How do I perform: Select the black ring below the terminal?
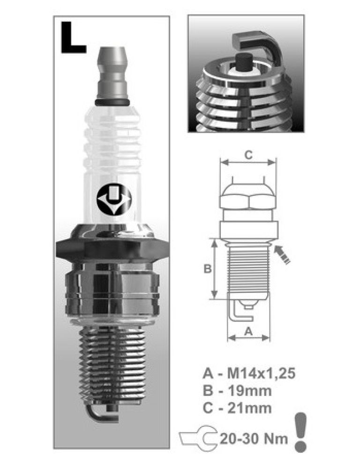coord(112,103)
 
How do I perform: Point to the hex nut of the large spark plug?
coord(112,249)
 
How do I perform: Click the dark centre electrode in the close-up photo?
coord(245,62)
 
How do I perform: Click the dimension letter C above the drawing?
coord(248,155)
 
